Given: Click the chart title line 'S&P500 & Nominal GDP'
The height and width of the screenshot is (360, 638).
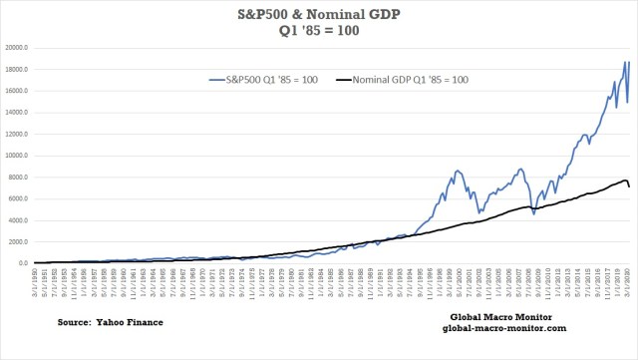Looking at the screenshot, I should click(x=319, y=13).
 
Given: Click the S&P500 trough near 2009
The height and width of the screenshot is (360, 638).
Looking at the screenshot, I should click(x=532, y=213).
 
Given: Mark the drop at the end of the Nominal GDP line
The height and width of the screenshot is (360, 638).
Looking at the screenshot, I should click(x=628, y=186).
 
